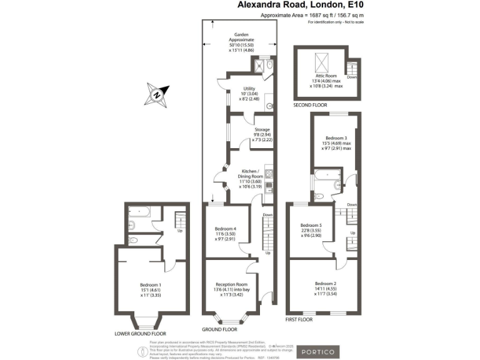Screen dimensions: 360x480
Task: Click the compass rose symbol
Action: click(x=157, y=96)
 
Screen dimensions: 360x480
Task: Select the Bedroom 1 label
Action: click(x=151, y=289)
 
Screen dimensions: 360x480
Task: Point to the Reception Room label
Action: click(x=230, y=286)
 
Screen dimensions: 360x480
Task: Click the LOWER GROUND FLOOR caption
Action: click(x=141, y=334)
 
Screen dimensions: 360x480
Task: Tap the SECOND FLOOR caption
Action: click(x=311, y=106)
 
